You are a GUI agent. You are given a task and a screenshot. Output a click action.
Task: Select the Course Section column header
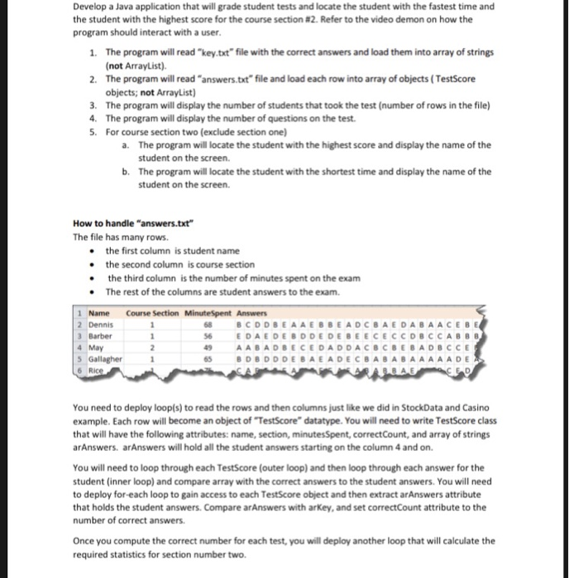pyautogui.click(x=151, y=313)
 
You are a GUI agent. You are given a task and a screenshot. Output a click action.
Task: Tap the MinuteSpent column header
pyautogui.click(x=206, y=313)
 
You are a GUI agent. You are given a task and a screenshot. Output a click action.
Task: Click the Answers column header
pyautogui.click(x=251, y=313)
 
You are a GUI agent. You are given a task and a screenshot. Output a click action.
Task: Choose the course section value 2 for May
pyautogui.click(x=153, y=348)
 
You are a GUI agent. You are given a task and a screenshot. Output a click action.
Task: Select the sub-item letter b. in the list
pyautogui.click(x=125, y=172)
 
